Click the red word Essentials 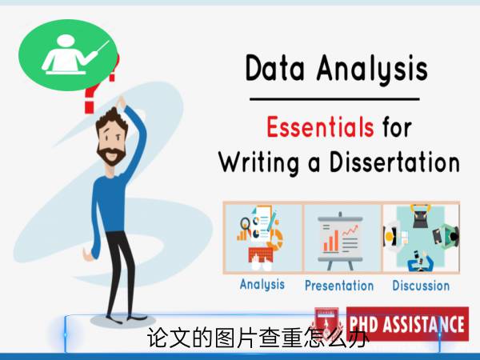[320, 126]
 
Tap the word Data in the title [275, 68]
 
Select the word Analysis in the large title [372, 70]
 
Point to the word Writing [259, 163]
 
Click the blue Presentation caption [339, 286]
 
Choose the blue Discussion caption [421, 286]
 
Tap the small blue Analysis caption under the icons [262, 284]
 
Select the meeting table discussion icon [421, 238]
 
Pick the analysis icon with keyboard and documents [260, 238]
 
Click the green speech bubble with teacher [68, 55]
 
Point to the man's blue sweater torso [110, 203]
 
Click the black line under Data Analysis [334, 99]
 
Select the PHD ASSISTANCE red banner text [407, 324]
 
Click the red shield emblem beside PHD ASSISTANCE [326, 322]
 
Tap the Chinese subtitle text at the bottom [258, 338]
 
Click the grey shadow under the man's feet [122, 320]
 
